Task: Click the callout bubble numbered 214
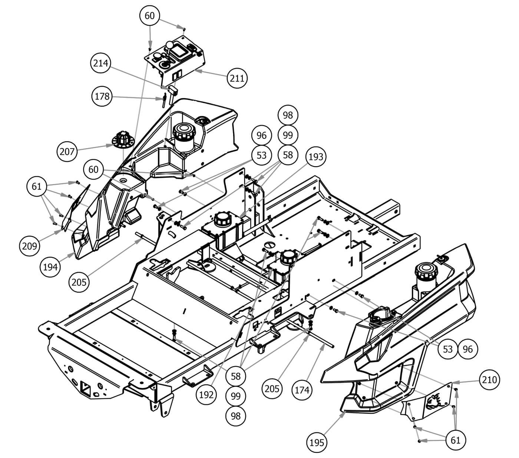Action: (x=101, y=63)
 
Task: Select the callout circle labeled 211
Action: (x=237, y=78)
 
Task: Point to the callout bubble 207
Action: (x=67, y=151)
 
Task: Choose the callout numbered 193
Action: (x=316, y=157)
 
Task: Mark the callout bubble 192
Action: (x=206, y=395)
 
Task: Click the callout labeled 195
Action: (x=317, y=442)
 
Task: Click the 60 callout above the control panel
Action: (x=149, y=16)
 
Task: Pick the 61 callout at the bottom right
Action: (x=456, y=440)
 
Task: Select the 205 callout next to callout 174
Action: (x=272, y=388)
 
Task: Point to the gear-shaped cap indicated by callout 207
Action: (x=122, y=139)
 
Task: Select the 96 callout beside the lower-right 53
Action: (x=468, y=349)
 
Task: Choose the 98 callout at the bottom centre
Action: (x=236, y=416)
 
